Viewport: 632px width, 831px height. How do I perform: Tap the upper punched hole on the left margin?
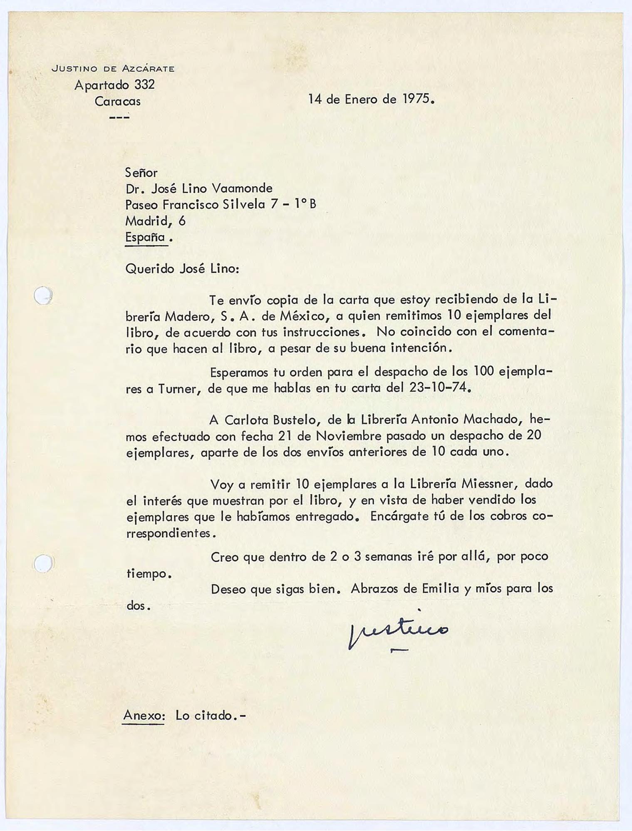tap(43, 295)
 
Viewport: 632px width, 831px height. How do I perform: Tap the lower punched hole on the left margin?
tap(43, 563)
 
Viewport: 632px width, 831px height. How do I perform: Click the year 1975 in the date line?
tap(417, 99)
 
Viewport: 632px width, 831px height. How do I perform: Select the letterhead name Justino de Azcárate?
tap(113, 69)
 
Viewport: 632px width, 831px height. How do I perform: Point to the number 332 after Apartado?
tap(144, 85)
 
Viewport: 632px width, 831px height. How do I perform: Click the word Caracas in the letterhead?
tap(118, 101)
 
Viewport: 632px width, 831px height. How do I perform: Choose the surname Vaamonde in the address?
tap(242, 189)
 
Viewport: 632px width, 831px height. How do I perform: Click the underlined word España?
tap(145, 237)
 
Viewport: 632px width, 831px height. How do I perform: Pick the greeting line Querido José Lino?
tap(182, 268)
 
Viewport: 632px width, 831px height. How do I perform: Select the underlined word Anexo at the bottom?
tap(144, 715)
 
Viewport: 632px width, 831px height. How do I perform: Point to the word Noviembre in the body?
tap(343, 436)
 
